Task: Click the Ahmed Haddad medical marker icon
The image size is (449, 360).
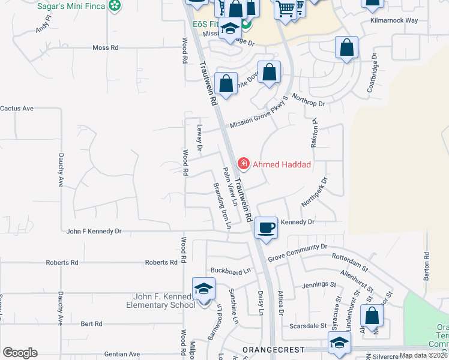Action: (244, 163)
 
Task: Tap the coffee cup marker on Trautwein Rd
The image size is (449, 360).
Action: (266, 227)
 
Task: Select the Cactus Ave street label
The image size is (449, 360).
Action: (17, 109)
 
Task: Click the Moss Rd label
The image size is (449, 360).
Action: (106, 47)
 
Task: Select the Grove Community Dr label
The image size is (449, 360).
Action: (297, 251)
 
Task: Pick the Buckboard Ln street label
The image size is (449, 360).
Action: (230, 271)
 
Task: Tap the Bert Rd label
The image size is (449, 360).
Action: (91, 323)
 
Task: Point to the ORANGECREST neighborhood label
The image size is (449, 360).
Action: (273, 349)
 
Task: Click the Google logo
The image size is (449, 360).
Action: (20, 353)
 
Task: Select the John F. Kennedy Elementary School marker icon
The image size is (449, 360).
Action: (203, 289)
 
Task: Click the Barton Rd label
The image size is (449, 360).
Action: (426, 263)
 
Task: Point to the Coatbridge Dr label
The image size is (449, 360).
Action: (373, 76)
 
